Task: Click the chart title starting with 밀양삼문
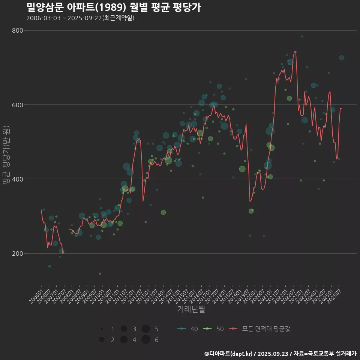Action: pyautogui.click(x=114, y=7)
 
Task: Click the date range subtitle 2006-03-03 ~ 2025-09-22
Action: pyautogui.click(x=80, y=18)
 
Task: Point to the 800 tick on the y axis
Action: pyautogui.click(x=18, y=30)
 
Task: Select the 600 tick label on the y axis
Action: pyautogui.click(x=18, y=105)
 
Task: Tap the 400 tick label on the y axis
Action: pyautogui.click(x=18, y=179)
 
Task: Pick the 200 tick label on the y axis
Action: pyautogui.click(x=18, y=253)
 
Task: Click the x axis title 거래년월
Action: pyautogui.click(x=191, y=309)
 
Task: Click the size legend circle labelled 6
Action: pyautogui.click(x=146, y=340)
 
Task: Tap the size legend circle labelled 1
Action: pyautogui.click(x=102, y=329)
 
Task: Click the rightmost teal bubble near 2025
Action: pyautogui.click(x=341, y=58)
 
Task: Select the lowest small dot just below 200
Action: pyautogui.click(x=99, y=273)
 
